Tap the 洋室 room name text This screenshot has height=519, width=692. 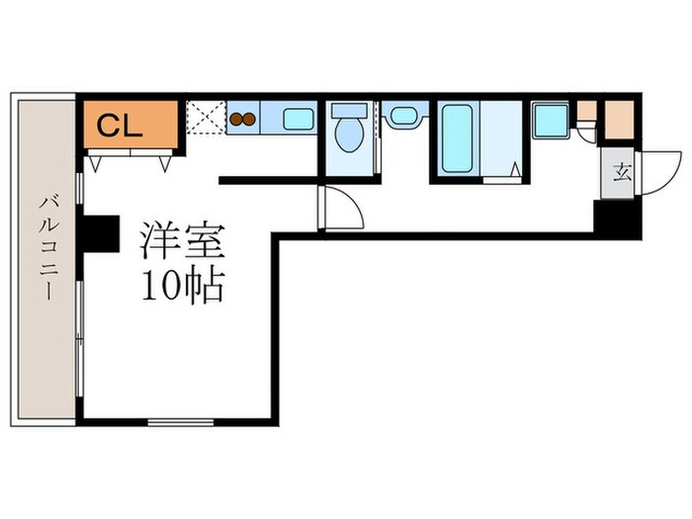click(183, 241)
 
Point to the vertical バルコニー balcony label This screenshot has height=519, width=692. click(47, 248)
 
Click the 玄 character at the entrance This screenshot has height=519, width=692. click(622, 173)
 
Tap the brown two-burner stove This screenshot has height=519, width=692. click(243, 119)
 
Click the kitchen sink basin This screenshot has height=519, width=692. click(299, 120)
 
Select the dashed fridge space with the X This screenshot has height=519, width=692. click(206, 117)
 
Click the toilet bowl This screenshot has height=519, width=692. click(349, 134)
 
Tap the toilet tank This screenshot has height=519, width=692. click(349, 111)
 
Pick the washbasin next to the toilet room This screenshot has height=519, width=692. click(404, 116)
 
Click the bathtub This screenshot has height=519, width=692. click(458, 138)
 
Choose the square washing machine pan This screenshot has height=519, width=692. click(551, 121)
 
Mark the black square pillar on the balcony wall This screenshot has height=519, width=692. click(101, 233)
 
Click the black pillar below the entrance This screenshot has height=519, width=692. click(618, 219)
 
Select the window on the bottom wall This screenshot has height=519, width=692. click(181, 422)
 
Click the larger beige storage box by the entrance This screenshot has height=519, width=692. click(619, 120)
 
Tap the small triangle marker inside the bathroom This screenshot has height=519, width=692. click(515, 169)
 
